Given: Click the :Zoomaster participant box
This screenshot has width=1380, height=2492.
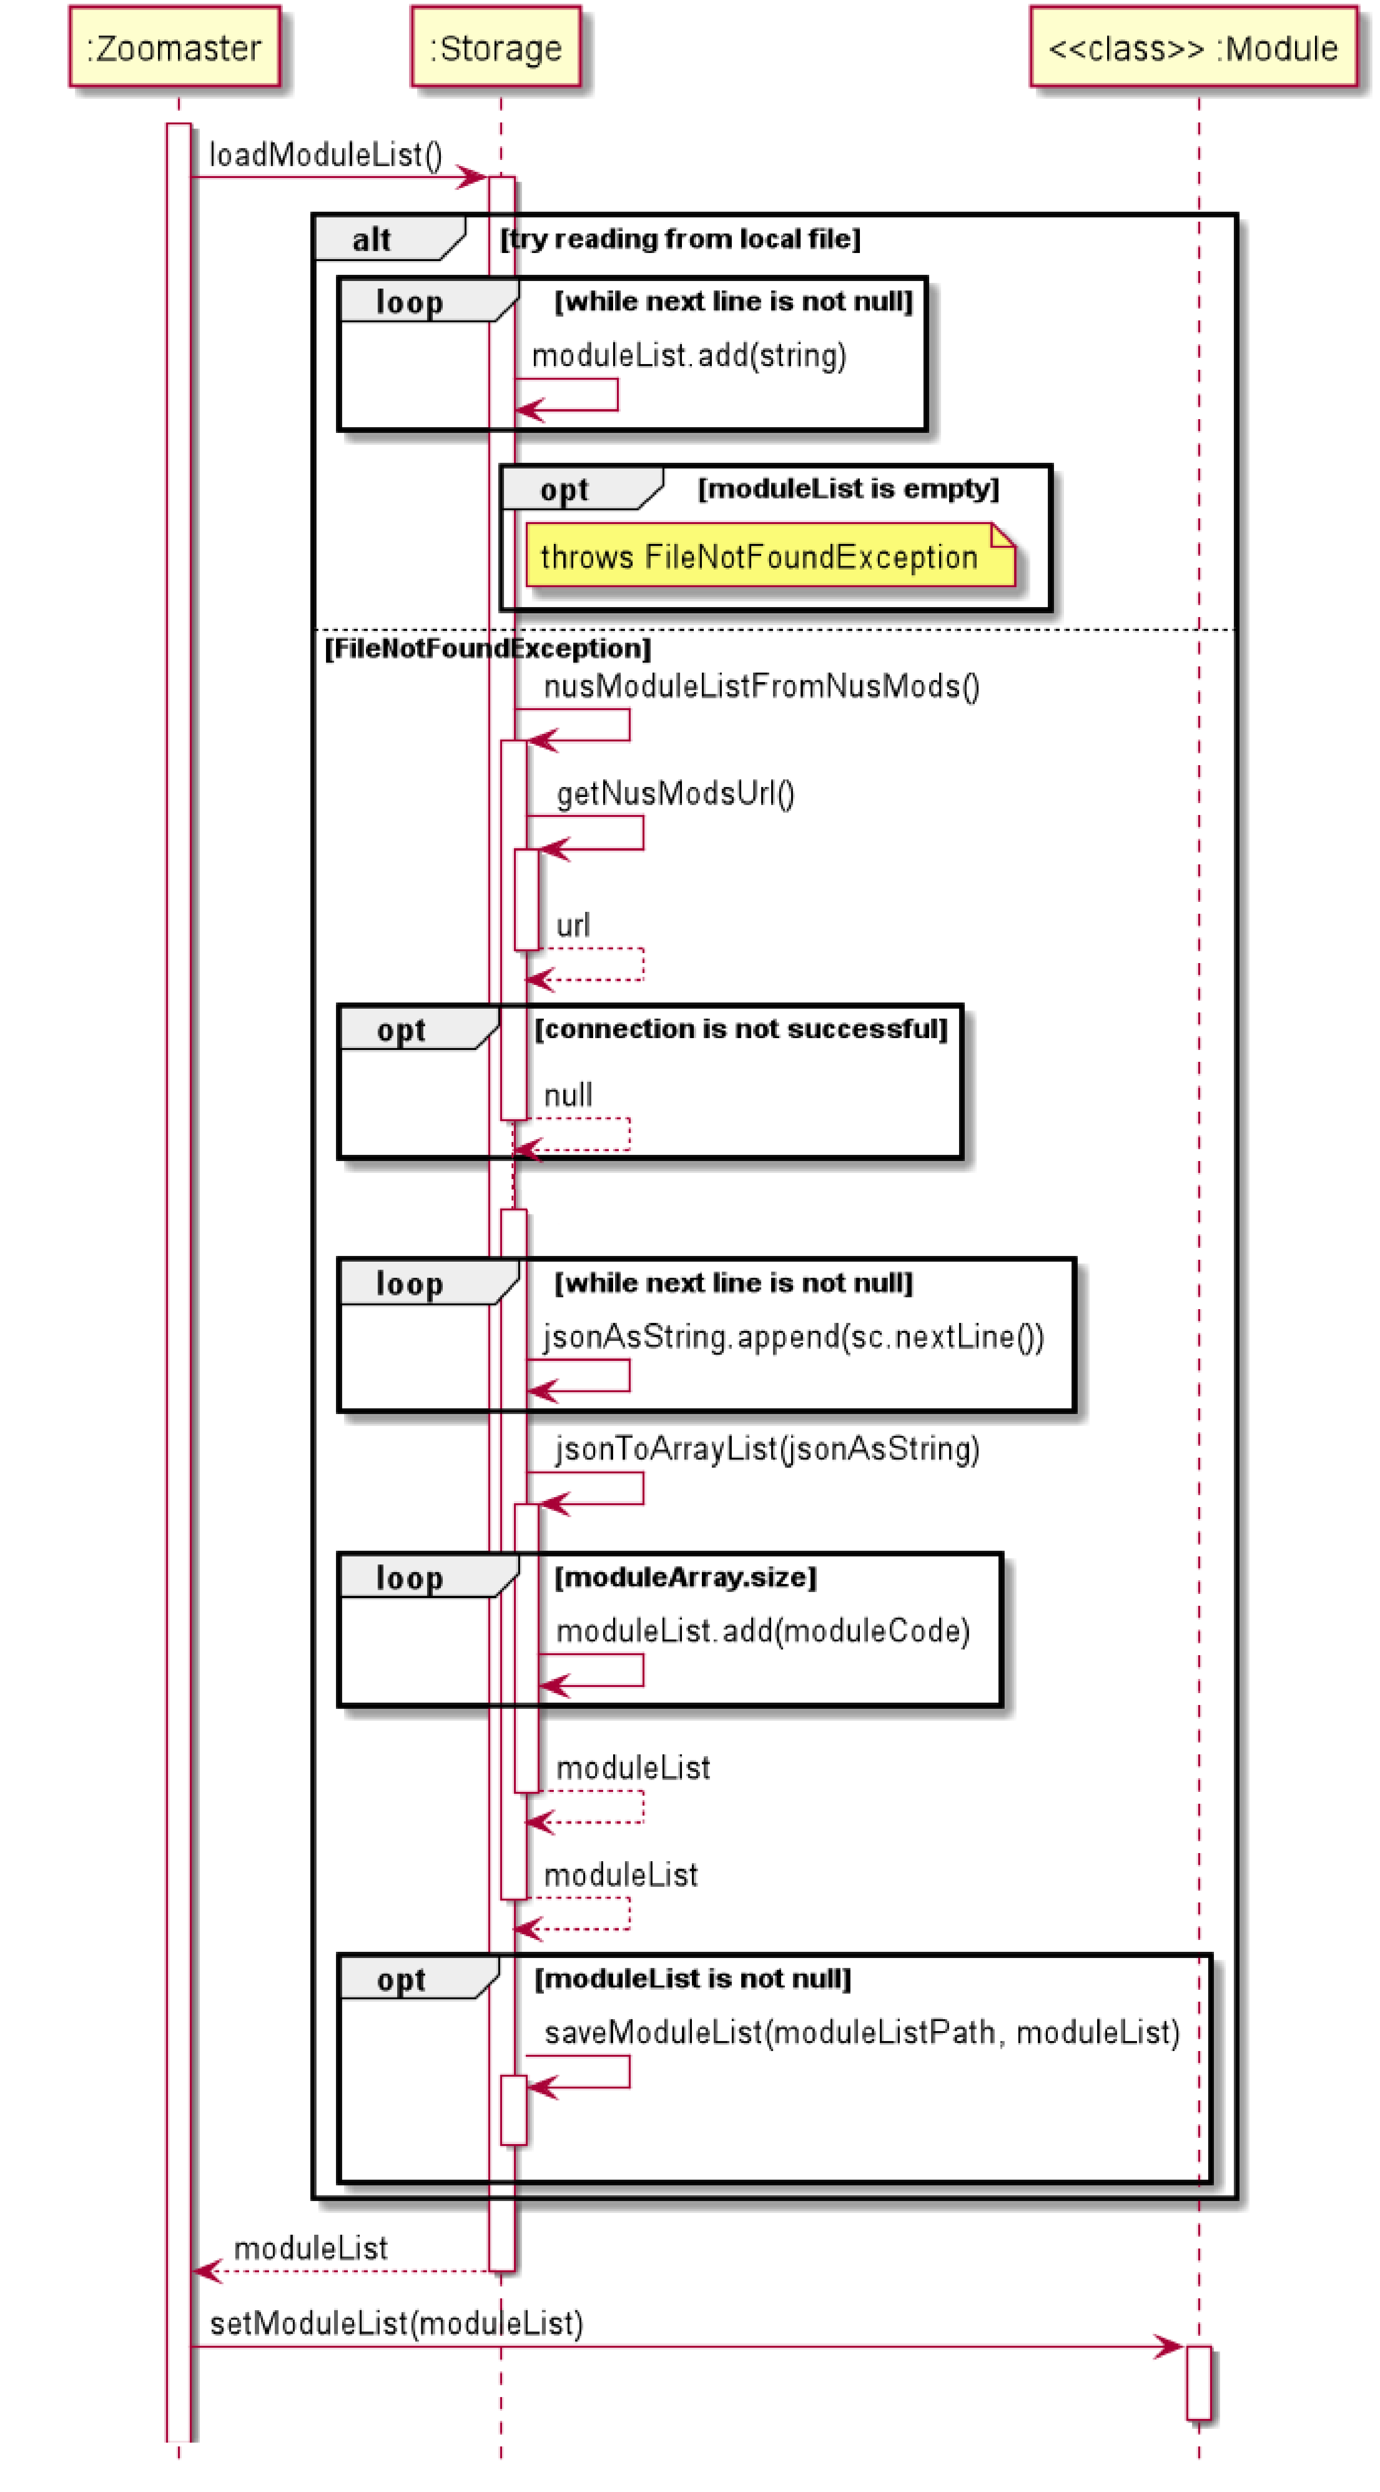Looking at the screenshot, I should pos(174,47).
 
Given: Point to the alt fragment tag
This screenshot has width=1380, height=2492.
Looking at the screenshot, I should pos(373,239).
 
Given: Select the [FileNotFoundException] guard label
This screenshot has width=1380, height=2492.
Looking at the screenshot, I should pos(487,648).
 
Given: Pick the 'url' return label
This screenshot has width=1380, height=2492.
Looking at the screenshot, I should pos(572,926).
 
